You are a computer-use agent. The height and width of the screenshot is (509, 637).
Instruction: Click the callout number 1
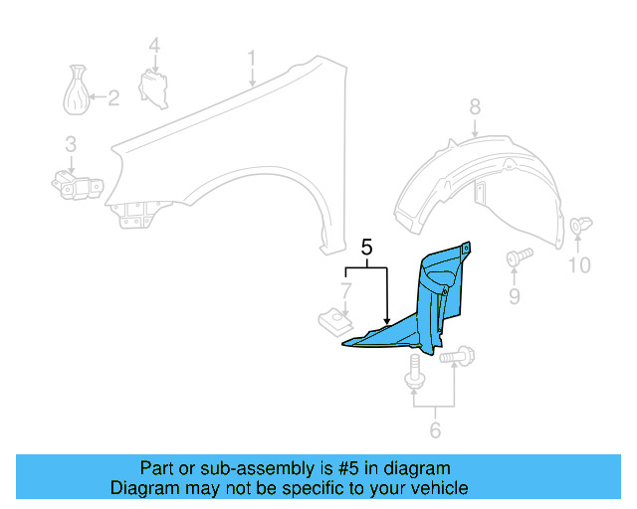[x=252, y=58]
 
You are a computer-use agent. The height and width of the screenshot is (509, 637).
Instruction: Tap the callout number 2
[x=112, y=97]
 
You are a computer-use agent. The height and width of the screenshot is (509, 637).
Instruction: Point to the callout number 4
[x=154, y=45]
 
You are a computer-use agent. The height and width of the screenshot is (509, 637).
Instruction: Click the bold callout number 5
[x=366, y=248]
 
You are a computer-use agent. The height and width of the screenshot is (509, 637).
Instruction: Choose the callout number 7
[x=345, y=291]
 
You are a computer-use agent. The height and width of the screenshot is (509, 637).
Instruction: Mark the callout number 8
[x=475, y=106]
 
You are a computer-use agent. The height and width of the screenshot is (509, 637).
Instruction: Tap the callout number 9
[x=515, y=296]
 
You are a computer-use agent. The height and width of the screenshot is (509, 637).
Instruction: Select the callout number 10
[x=578, y=264]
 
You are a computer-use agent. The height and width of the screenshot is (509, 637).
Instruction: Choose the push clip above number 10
[x=579, y=230]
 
